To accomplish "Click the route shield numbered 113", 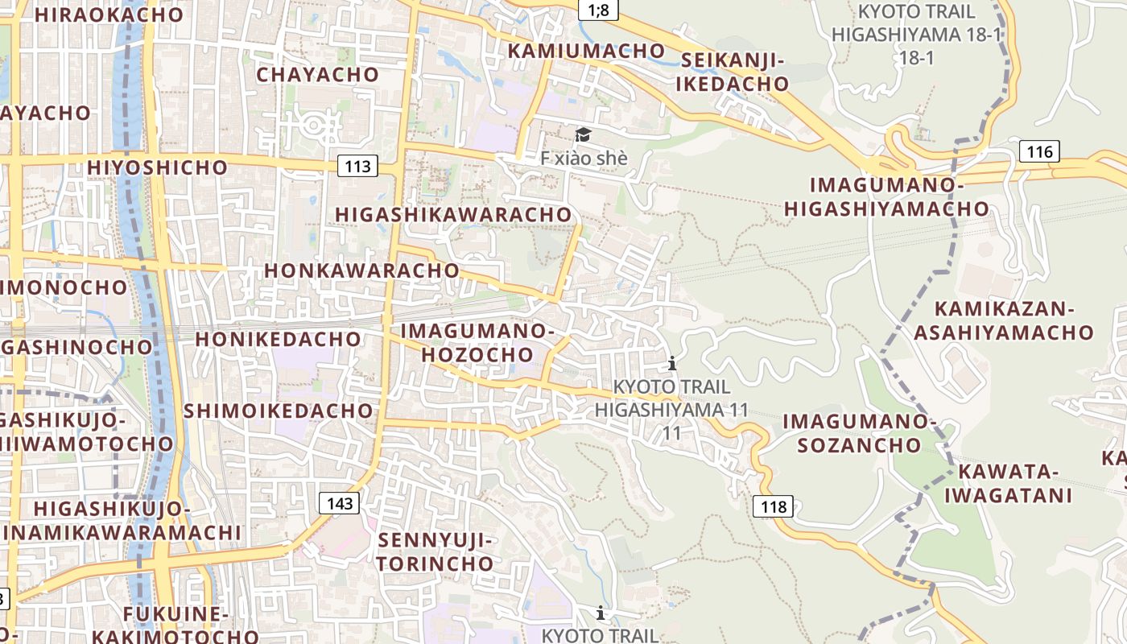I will click(357, 167).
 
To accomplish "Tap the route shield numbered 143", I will click(341, 504).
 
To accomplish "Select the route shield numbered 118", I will click(774, 506).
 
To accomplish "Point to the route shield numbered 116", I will click(1039, 151).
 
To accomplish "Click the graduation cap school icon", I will click(582, 134).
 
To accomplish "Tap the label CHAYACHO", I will click(317, 75).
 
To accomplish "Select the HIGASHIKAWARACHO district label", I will click(453, 215).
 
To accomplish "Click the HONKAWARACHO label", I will click(361, 270).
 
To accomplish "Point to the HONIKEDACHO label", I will click(278, 339).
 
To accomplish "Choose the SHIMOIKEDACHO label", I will click(279, 411).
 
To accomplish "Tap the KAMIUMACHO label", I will click(586, 51).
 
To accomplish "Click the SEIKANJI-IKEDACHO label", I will click(732, 72).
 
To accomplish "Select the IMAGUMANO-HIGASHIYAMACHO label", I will click(886, 196).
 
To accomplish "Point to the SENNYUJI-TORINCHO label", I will click(435, 551).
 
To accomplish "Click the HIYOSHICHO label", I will click(158, 167).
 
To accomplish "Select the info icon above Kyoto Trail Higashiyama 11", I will click(672, 363).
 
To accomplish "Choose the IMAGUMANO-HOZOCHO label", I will click(477, 342).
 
